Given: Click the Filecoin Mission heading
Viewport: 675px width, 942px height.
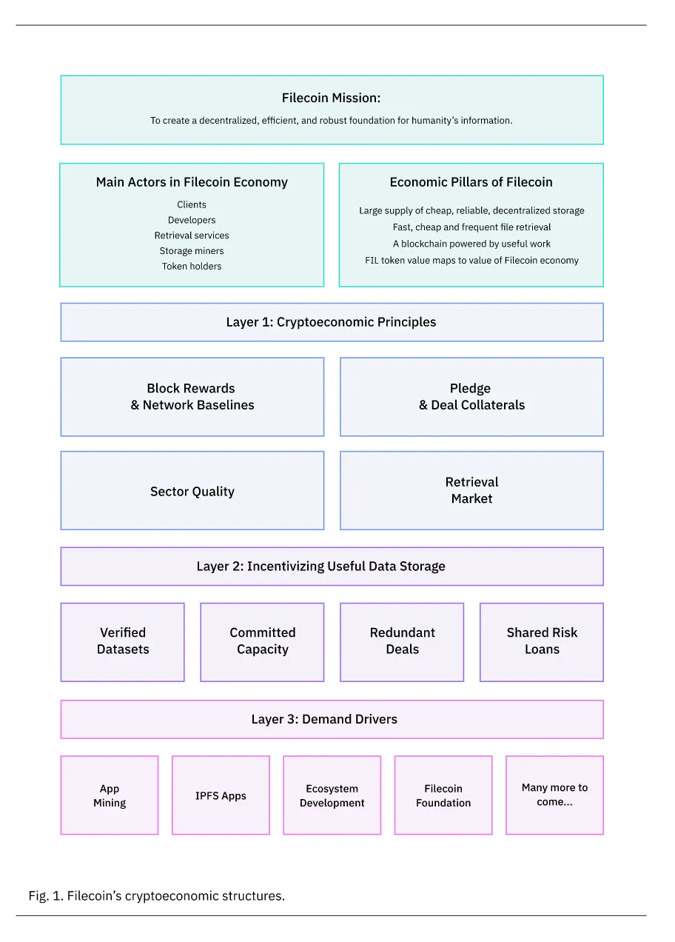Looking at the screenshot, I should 331,98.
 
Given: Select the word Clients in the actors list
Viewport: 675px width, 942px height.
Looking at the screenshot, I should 192,204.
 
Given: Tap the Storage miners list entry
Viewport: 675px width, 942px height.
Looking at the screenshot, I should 192,251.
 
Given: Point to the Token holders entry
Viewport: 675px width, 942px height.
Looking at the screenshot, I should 192,267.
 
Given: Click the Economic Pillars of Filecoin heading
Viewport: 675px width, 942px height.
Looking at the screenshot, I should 471,182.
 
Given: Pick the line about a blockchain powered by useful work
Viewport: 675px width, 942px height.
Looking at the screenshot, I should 471,244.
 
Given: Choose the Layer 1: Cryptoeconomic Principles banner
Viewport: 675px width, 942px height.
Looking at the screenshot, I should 331,322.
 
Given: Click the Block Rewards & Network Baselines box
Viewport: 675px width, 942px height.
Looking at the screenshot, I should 192,397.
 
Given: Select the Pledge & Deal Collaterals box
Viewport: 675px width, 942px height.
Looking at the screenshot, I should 471,397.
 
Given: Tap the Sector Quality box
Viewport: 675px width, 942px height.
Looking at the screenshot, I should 192,491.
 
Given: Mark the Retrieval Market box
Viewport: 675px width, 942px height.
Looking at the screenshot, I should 471,490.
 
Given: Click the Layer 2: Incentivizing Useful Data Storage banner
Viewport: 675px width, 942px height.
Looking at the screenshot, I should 331,567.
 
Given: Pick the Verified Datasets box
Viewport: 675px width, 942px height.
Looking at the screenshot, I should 123,641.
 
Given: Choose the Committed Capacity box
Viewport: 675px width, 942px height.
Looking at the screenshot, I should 262,641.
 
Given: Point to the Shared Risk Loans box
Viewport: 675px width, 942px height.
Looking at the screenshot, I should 542,641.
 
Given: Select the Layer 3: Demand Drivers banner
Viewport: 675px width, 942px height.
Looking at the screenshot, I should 331,719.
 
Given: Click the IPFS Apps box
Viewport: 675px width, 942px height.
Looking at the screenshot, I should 221,795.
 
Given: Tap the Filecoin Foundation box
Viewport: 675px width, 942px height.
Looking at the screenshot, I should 443,795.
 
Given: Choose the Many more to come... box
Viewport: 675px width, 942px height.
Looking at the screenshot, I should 554,795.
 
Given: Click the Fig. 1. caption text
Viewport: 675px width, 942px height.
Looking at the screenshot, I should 157,896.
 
